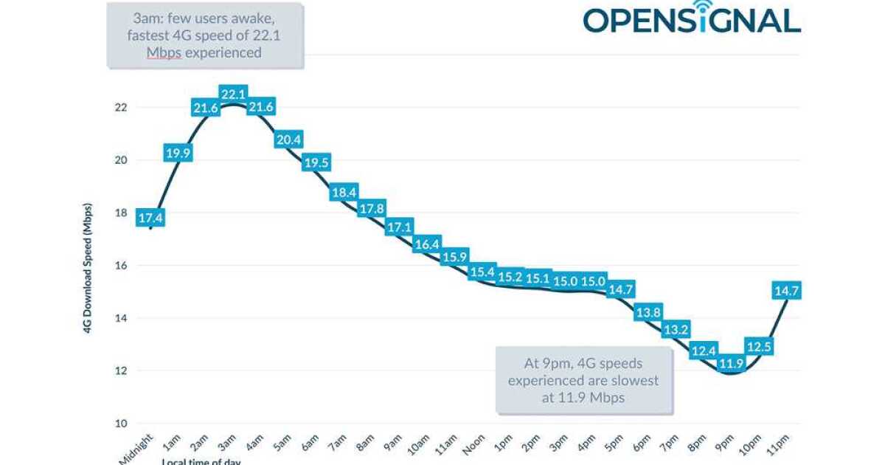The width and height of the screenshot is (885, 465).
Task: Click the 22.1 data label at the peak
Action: pos(232,94)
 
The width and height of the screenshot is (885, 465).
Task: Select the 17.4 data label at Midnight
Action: pos(150,218)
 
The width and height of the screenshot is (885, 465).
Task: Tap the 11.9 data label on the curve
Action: pos(731,363)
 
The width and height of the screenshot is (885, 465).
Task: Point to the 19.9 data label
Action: pos(177,154)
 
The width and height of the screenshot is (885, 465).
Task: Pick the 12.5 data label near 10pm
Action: pos(758,345)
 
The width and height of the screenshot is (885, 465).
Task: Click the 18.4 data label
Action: pos(344,193)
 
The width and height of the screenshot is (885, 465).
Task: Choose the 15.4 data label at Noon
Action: pos(482,272)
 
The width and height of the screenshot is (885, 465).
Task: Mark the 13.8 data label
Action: pos(648,311)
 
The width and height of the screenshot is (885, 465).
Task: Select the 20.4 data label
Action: pos(288,139)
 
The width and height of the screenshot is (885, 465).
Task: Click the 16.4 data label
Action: pos(426,244)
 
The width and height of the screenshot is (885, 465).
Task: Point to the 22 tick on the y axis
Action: pos(121,107)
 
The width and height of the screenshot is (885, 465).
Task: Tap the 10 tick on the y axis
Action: pos(121,424)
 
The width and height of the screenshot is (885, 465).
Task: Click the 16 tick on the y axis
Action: pos(121,266)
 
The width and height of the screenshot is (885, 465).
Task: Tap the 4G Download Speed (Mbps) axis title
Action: pos(87,265)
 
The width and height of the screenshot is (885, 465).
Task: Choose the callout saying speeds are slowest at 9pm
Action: pos(583,380)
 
